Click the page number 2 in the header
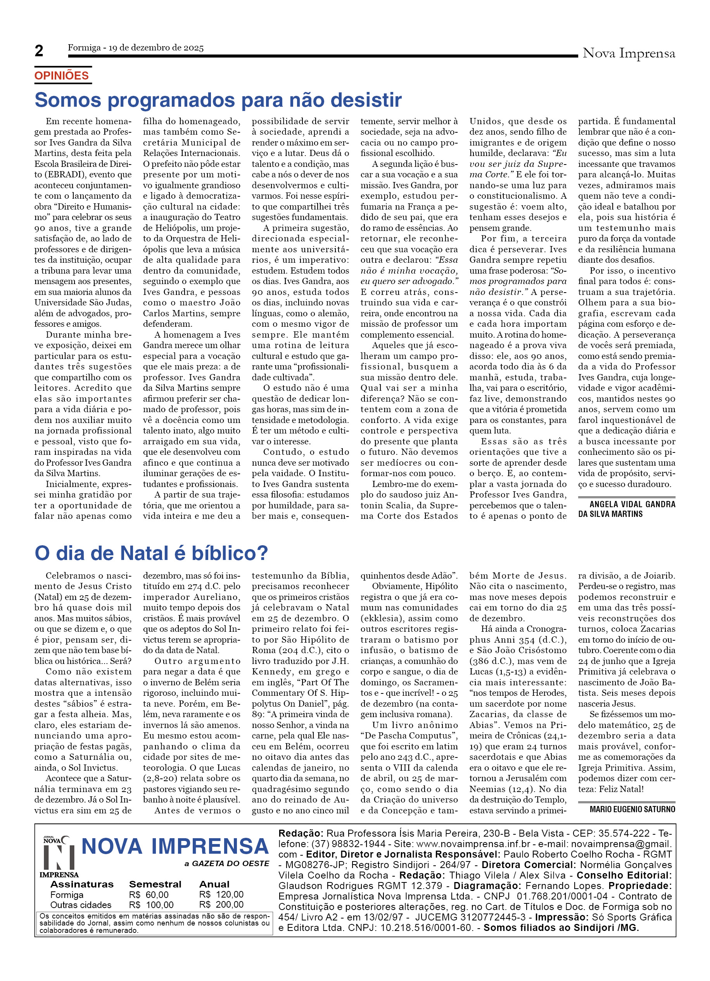click(x=39, y=51)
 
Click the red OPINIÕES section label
click(x=61, y=76)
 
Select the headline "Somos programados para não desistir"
click(x=218, y=100)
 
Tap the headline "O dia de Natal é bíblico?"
click(x=151, y=553)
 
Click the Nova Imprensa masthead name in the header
click(x=628, y=53)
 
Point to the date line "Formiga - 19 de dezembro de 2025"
click(x=135, y=48)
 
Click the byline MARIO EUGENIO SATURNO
click(x=632, y=809)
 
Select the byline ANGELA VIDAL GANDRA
click(x=632, y=504)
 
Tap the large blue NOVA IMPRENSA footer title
click(x=175, y=846)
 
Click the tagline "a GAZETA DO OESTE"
click(x=226, y=864)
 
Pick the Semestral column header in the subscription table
click(x=155, y=884)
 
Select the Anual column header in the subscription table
click(x=214, y=884)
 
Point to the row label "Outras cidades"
click(x=80, y=905)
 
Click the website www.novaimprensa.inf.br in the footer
click(x=473, y=844)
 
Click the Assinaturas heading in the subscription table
click(x=82, y=884)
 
